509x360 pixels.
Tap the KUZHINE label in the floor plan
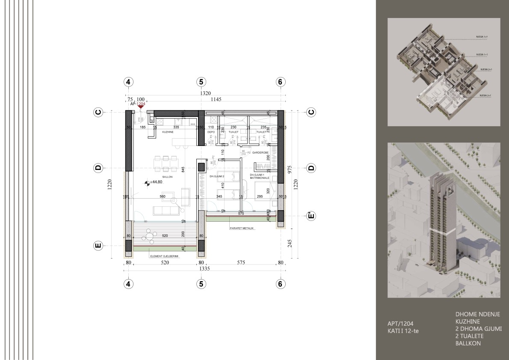click(x=167, y=132)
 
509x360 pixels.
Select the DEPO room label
click(x=211, y=132)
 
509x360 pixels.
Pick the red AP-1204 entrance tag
click(x=138, y=104)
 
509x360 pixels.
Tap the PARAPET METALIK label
click(x=242, y=228)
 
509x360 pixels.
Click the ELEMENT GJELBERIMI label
click(x=164, y=256)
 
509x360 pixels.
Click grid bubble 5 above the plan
click(x=201, y=82)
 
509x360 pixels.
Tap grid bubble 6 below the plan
click(x=280, y=283)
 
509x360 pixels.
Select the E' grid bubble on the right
click(x=311, y=216)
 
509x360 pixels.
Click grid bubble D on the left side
click(x=98, y=168)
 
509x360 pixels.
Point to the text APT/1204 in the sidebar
click(x=400, y=324)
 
